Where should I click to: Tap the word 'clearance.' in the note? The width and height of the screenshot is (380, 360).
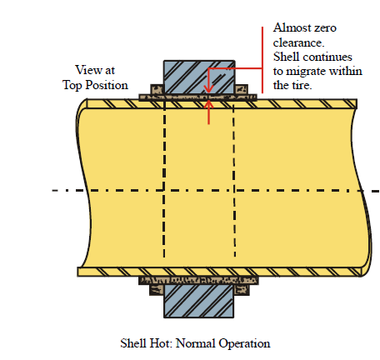pos(298,42)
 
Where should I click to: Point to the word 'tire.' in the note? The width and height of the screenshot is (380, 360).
pos(302,85)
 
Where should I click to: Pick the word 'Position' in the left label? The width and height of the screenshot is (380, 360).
pos(107,85)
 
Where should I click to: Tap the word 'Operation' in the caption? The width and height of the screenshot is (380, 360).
pos(244,344)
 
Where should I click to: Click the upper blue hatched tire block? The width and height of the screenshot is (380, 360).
pos(199,77)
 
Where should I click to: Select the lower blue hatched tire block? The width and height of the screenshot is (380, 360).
pos(198,301)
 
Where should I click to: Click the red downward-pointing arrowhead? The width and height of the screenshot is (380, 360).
pos(208,89)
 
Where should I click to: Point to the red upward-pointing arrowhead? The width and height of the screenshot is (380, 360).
pos(208,104)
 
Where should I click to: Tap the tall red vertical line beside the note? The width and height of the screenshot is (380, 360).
pos(262,60)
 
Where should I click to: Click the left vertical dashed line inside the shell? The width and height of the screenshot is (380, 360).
pos(164,178)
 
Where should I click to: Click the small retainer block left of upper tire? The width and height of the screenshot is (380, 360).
pos(157,89)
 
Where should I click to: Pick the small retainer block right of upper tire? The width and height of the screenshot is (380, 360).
pos(242,89)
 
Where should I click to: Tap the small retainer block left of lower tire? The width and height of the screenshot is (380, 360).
pos(157,290)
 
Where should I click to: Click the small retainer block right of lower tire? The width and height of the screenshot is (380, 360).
pos(242,290)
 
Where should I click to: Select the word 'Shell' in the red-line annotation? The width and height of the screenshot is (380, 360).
pos(286,57)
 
